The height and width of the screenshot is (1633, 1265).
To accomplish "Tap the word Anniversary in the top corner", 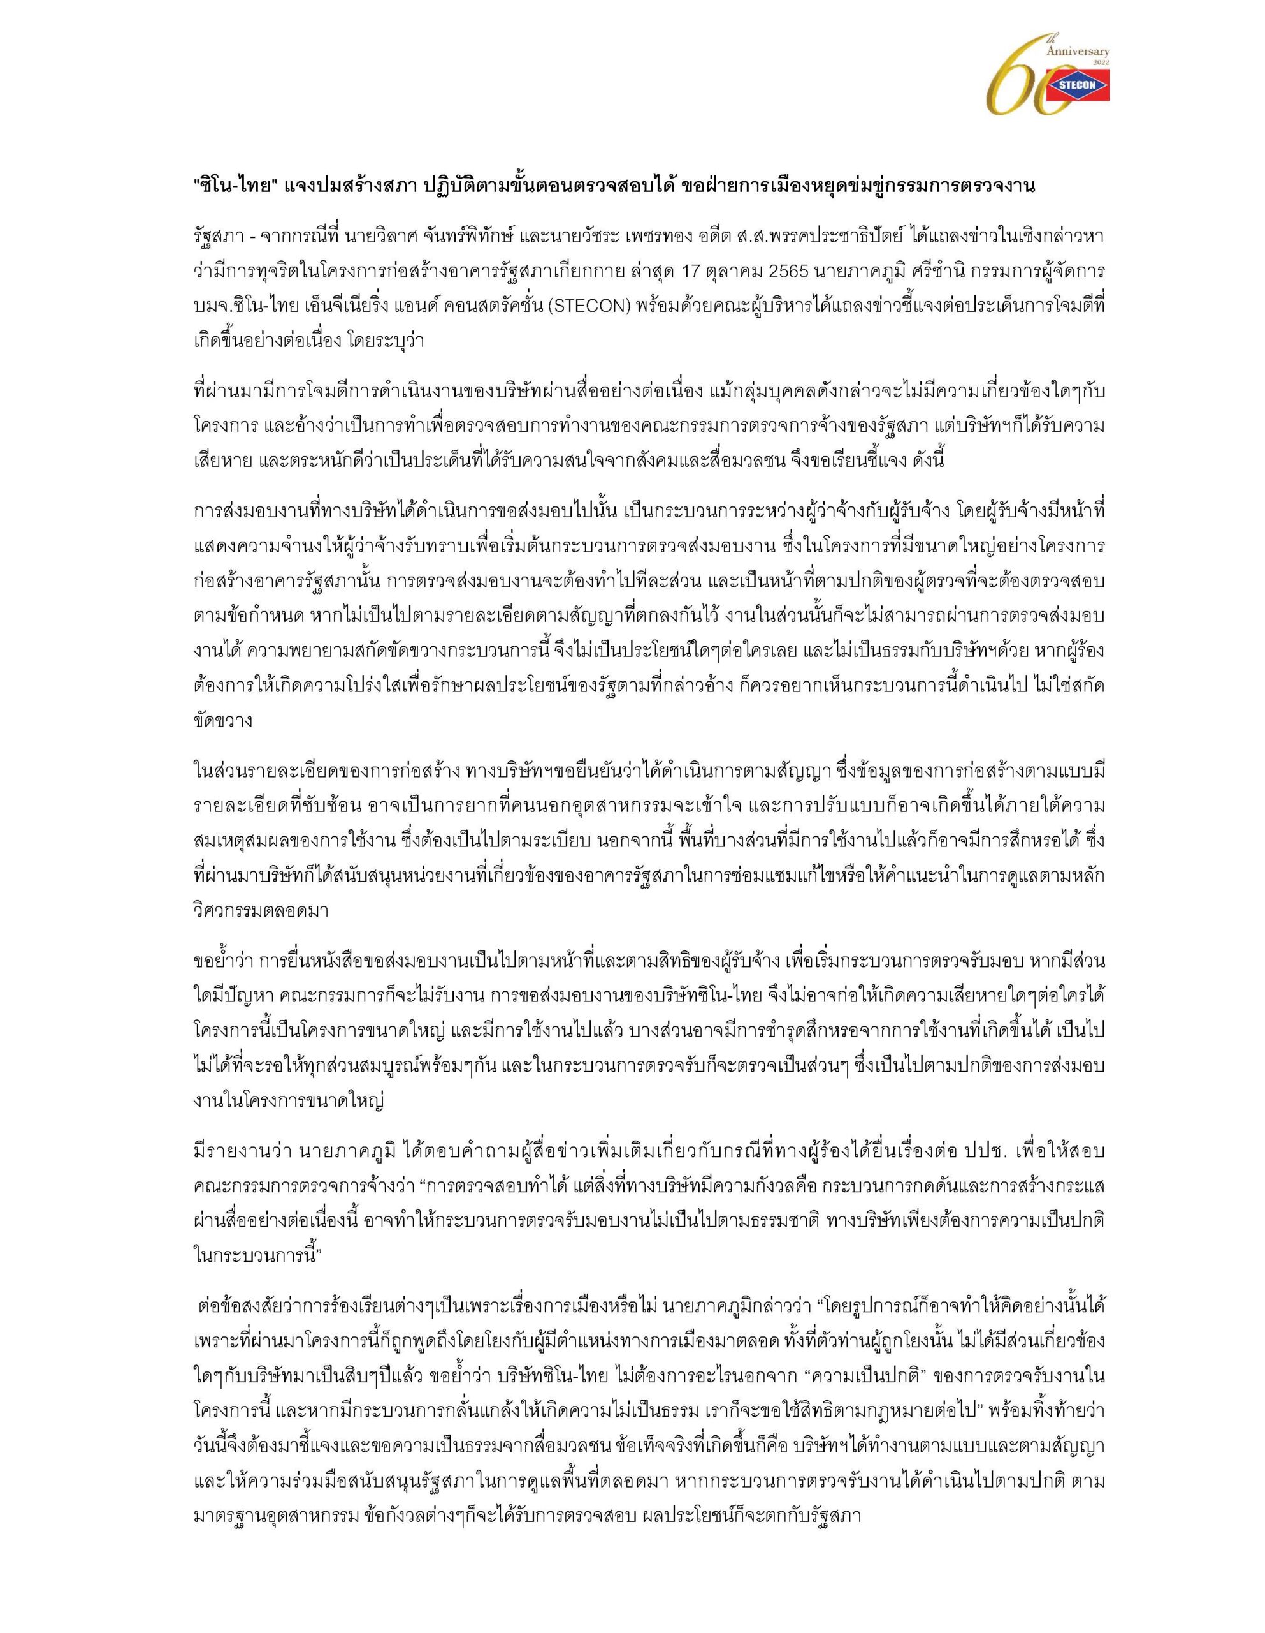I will pos(1078,51).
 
